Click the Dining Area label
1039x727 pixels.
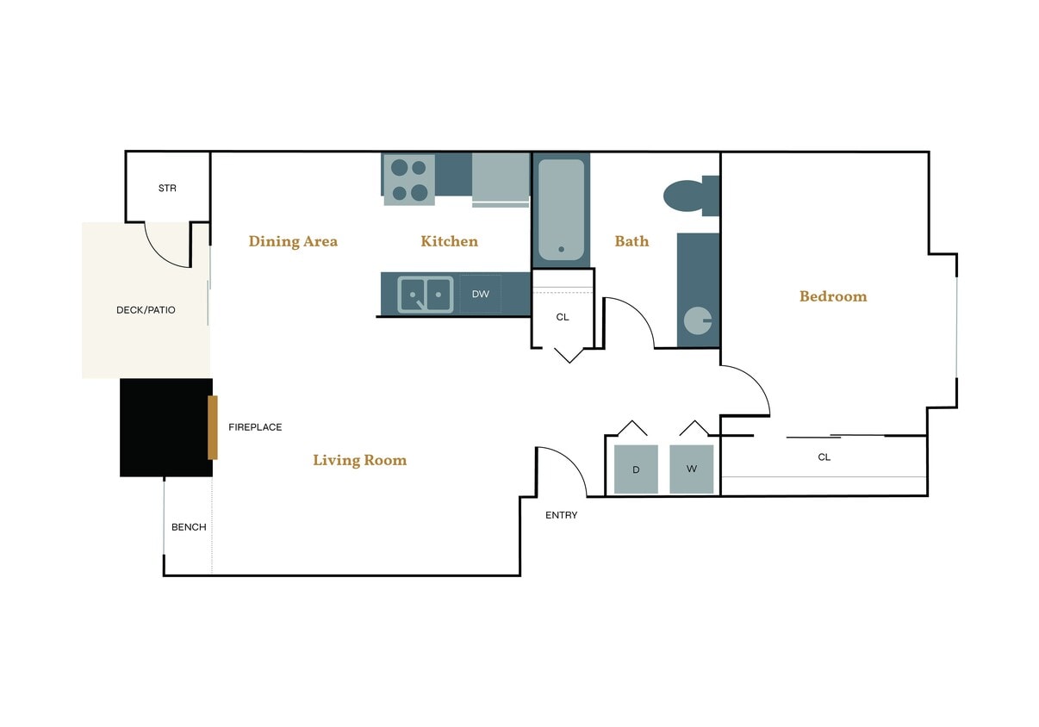tap(293, 241)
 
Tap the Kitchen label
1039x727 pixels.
tap(449, 241)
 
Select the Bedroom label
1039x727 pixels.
tap(833, 296)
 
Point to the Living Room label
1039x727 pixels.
tap(359, 460)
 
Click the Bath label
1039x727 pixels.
tap(631, 241)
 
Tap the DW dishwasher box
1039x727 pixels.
tap(481, 294)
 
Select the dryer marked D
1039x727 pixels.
tap(636, 469)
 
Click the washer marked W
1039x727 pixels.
tap(691, 469)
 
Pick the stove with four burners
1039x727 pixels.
tap(408, 180)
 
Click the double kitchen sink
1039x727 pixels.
tap(425, 294)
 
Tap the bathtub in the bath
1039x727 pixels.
tap(561, 209)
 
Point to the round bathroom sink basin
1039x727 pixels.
tap(697, 320)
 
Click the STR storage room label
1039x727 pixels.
tap(167, 188)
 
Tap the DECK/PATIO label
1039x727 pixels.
tap(146, 310)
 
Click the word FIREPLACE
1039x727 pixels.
tap(255, 427)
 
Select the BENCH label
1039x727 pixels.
tap(189, 527)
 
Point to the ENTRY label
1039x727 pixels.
tap(562, 515)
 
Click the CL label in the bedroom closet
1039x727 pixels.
tap(824, 457)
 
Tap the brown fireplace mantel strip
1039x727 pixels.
tap(213, 427)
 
